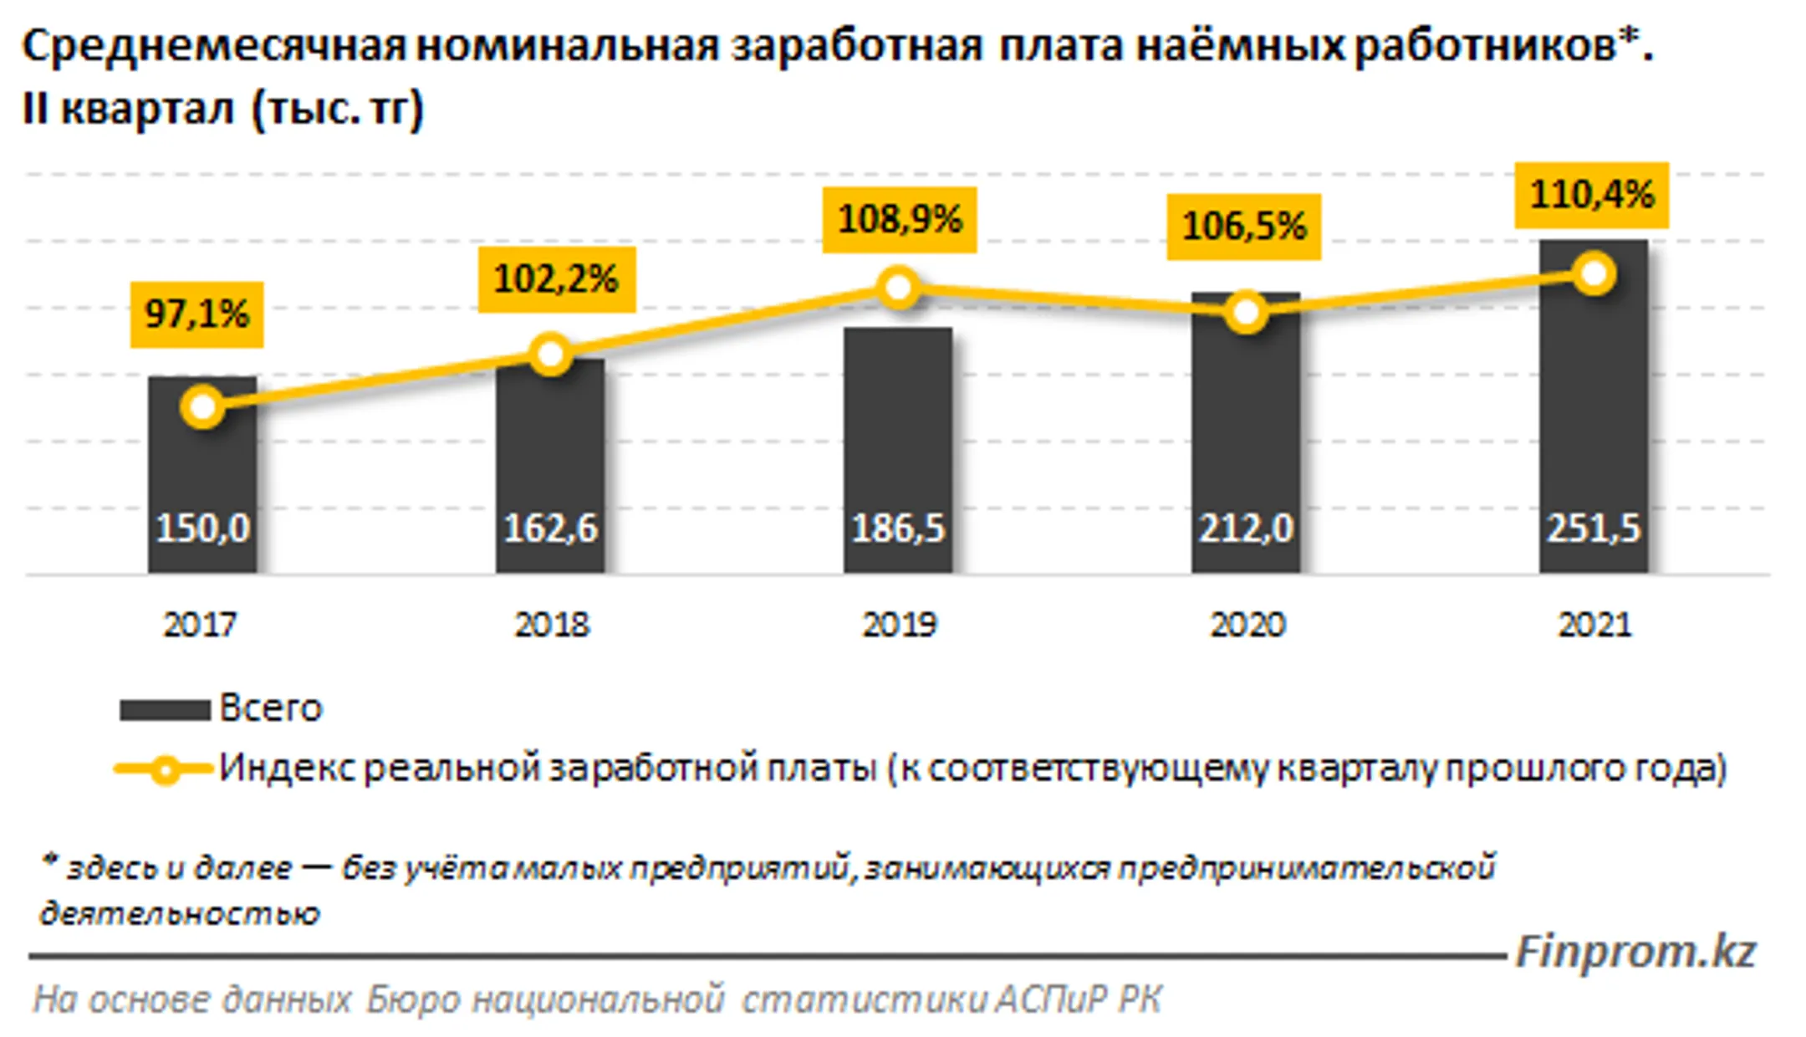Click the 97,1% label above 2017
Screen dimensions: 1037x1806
[x=196, y=314]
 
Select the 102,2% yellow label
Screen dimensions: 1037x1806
[x=556, y=279]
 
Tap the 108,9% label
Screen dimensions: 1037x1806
[x=900, y=220]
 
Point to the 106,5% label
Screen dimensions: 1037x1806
[x=1243, y=227]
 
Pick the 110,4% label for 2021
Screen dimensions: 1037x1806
[x=1591, y=195]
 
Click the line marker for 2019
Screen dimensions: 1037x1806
[x=898, y=289]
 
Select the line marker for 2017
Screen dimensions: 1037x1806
[x=202, y=407]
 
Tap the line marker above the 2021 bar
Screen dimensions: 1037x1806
[x=1594, y=274]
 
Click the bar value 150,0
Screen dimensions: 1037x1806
[x=202, y=529]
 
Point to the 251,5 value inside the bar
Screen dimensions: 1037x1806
[x=1593, y=529]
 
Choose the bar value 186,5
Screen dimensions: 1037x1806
[x=898, y=529]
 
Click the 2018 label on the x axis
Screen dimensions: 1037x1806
[x=551, y=626]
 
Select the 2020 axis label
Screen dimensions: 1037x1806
[x=1247, y=626]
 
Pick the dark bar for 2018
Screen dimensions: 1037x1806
[x=550, y=452]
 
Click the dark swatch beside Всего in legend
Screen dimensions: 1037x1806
[x=165, y=710]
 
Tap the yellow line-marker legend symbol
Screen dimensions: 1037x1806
[x=165, y=769]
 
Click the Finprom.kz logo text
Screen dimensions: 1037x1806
[x=1635, y=953]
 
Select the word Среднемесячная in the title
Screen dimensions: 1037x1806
[x=213, y=46]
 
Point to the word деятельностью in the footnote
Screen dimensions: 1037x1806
[x=180, y=914]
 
